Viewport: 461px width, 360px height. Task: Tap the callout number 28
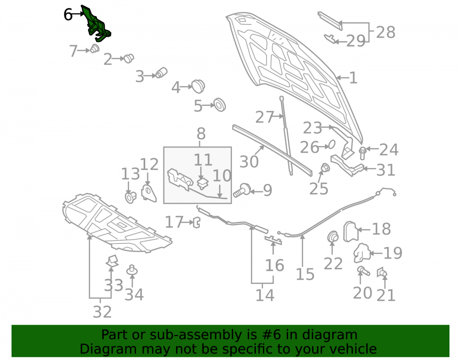point(385,32)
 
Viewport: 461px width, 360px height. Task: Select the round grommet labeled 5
point(219,105)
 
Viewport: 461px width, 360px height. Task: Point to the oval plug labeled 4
point(198,86)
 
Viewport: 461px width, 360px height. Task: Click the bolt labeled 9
point(242,190)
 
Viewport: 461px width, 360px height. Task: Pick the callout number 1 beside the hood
point(353,78)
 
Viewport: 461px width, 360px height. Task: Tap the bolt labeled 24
point(362,153)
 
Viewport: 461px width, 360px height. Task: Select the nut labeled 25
point(325,168)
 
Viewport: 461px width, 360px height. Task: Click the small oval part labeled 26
point(331,144)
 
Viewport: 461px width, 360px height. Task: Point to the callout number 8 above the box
point(201,134)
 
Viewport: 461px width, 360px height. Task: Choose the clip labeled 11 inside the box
point(202,183)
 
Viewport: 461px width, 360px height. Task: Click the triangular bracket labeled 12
point(148,193)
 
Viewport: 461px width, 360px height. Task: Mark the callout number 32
point(102,312)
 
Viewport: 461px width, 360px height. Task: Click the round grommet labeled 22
point(332,237)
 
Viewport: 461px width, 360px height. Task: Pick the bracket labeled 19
point(361,253)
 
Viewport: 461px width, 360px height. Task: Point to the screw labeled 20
point(363,271)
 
